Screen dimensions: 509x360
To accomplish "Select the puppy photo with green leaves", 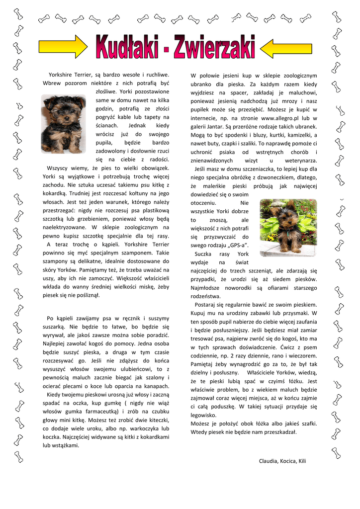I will [288, 228].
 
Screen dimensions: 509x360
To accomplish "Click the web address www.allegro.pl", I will [283, 118].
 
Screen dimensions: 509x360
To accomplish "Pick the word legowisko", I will [203, 415].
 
